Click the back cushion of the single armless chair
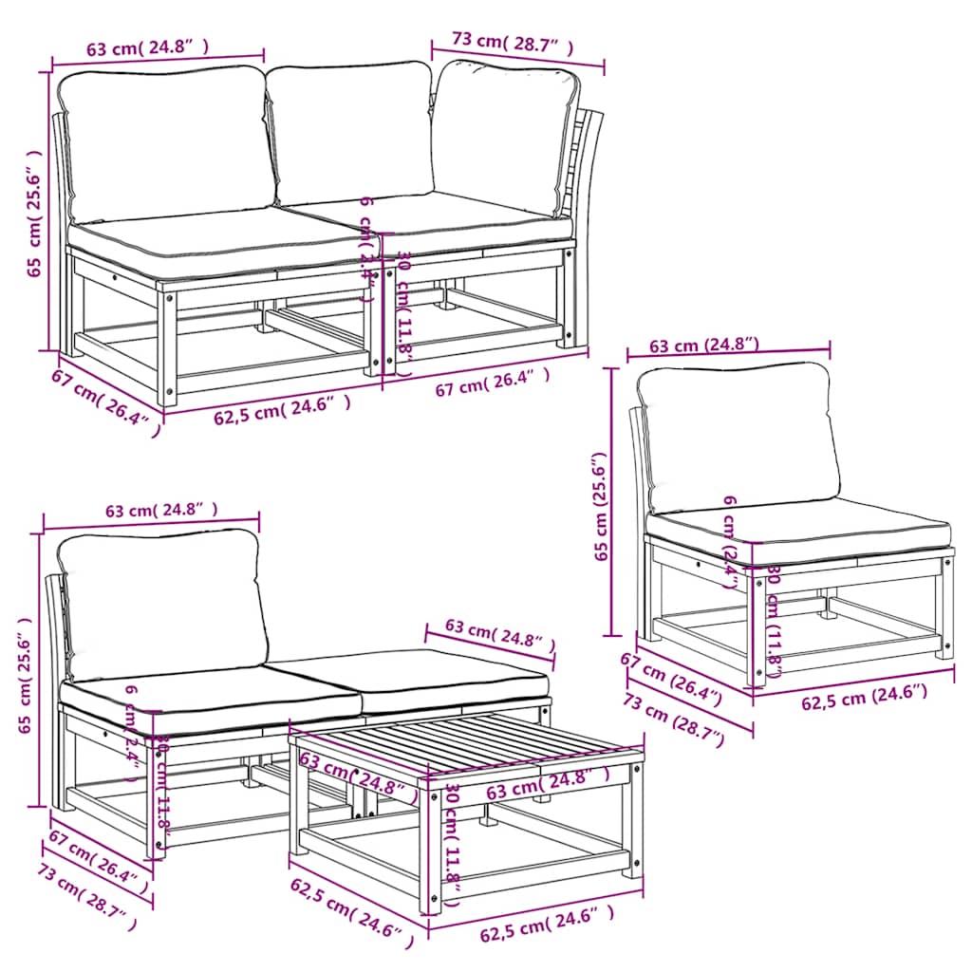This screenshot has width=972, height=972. click(738, 437)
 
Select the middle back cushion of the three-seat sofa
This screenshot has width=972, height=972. click(349, 133)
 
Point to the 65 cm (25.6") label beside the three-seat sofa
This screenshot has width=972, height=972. click(34, 214)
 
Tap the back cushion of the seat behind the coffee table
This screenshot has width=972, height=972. click(159, 598)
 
